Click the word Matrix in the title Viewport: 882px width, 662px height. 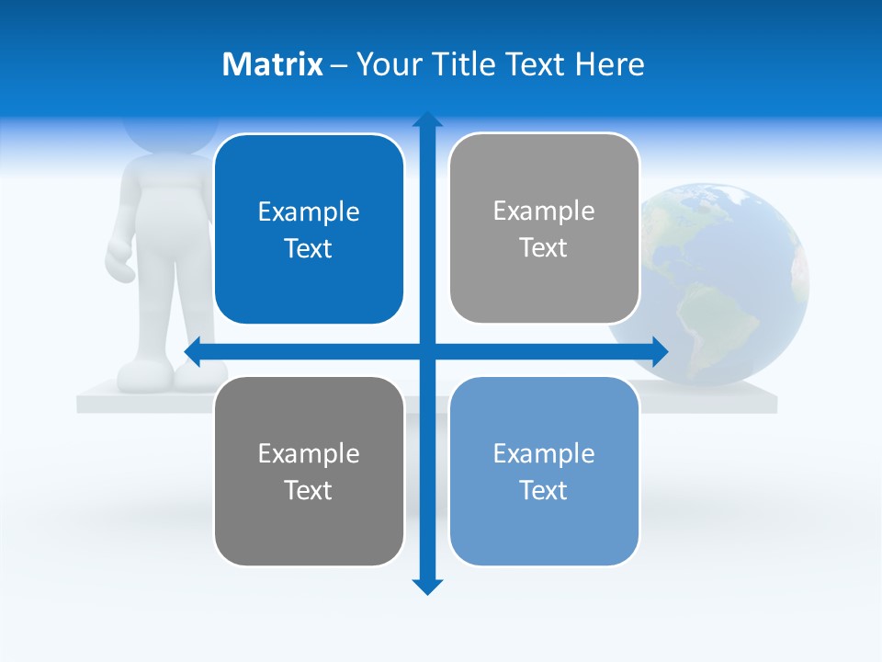[273, 64]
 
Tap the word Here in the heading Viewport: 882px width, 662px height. [609, 64]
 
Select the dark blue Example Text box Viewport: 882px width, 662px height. [309, 230]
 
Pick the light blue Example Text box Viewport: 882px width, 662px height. [544, 471]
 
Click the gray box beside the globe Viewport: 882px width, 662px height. [544, 229]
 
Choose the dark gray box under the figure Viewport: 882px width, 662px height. [309, 471]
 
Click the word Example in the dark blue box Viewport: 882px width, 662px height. [309, 212]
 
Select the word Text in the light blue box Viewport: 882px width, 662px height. [544, 490]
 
